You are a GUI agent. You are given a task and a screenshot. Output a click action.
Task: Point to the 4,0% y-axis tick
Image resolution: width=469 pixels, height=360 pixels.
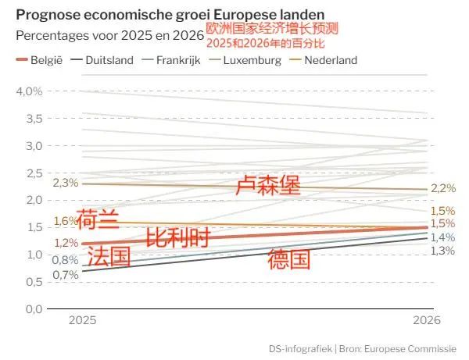(28, 91)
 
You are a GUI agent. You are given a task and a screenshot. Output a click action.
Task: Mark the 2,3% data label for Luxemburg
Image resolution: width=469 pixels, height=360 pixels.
(65, 183)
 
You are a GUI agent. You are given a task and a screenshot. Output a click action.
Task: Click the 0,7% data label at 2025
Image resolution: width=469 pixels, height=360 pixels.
(65, 275)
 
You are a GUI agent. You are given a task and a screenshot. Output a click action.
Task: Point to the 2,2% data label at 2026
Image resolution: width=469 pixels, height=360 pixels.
(443, 188)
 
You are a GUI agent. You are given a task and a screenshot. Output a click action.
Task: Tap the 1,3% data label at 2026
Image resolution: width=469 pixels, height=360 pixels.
(443, 250)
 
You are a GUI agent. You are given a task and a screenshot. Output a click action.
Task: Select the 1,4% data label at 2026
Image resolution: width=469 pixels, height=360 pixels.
(443, 237)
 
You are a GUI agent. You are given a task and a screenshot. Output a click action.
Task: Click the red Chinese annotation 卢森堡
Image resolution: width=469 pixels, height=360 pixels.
(268, 186)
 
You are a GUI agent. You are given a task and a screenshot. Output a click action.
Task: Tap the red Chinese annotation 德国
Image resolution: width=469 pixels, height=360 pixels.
(289, 258)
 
